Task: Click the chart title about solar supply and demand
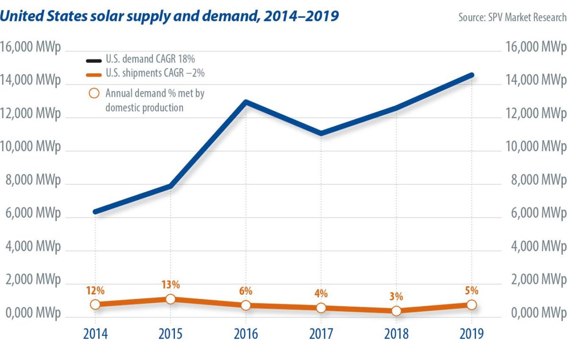(169, 16)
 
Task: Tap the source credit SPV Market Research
(512, 17)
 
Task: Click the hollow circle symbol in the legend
(94, 93)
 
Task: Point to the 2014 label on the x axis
(95, 334)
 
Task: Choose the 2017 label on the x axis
(321, 334)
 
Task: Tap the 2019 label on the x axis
(472, 334)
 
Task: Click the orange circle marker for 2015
(171, 299)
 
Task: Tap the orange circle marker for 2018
(396, 311)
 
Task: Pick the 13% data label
(171, 285)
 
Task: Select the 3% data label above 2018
(396, 297)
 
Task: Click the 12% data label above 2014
(95, 290)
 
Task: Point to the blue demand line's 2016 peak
(246, 102)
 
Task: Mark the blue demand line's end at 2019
(472, 75)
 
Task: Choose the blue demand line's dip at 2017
(321, 133)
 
